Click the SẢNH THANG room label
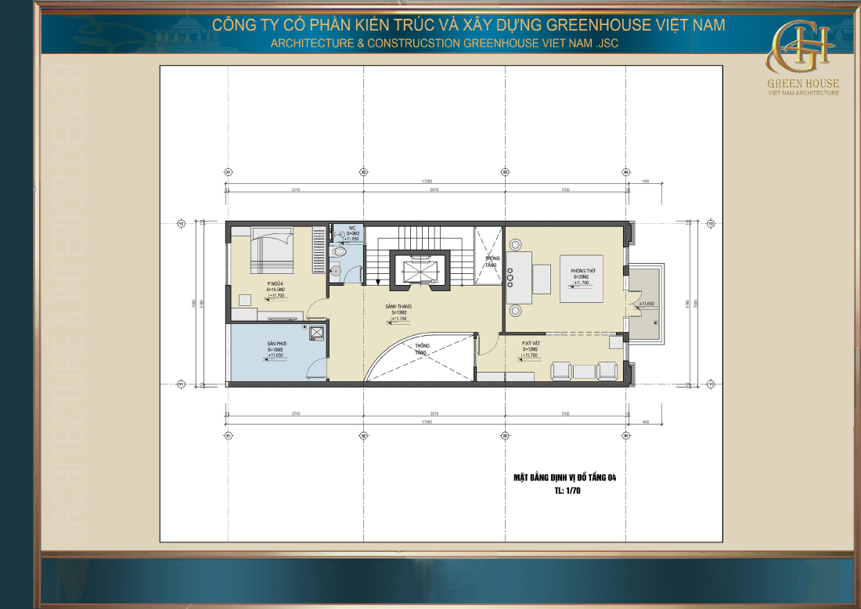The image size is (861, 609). [398, 307]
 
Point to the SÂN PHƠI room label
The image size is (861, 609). [275, 344]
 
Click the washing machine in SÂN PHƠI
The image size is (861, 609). [316, 333]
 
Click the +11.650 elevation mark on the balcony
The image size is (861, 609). [647, 304]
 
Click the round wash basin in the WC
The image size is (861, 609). [337, 272]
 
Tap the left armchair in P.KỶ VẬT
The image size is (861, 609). [560, 369]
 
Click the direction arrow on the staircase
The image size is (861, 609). [378, 281]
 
